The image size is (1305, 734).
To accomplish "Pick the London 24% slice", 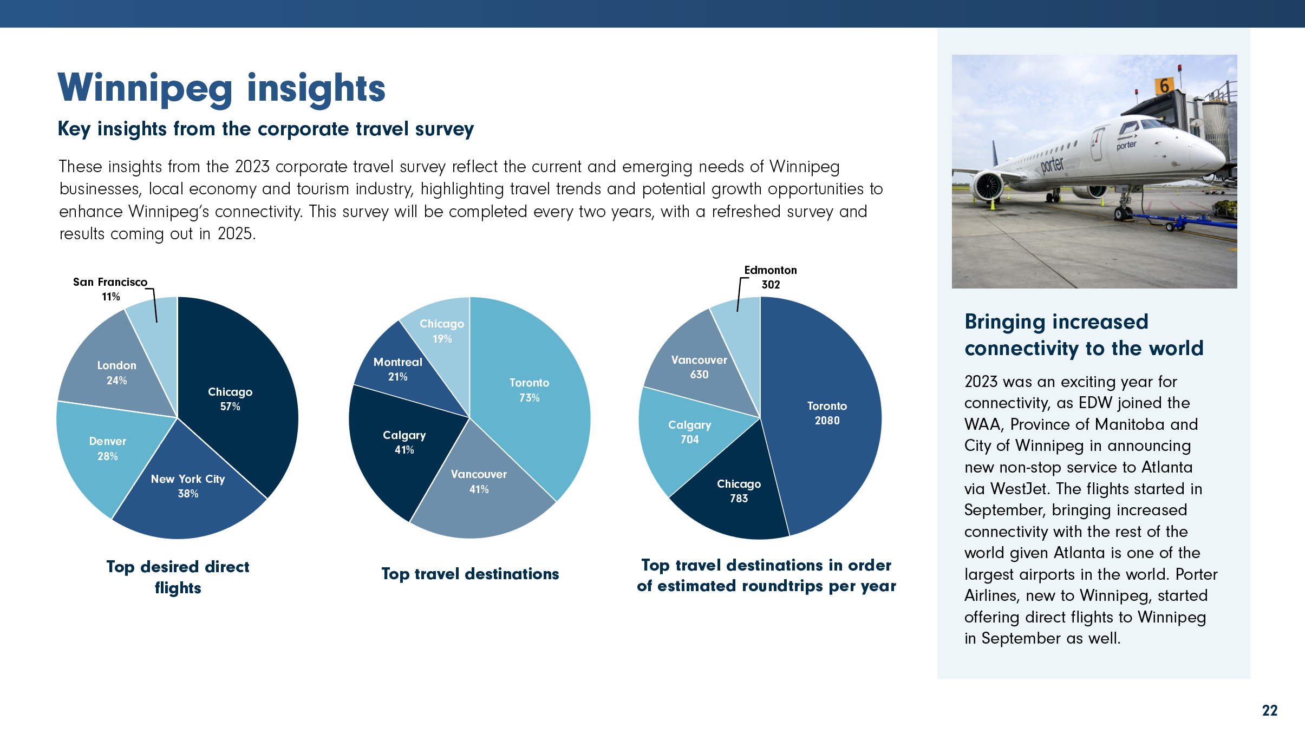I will tap(116, 373).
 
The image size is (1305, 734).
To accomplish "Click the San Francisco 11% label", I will tap(110, 289).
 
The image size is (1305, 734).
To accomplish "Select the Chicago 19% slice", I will tap(442, 331).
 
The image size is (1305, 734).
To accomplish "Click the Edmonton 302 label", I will tap(770, 277).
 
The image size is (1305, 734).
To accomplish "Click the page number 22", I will tap(1269, 710).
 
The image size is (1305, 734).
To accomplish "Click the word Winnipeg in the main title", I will tap(145, 89).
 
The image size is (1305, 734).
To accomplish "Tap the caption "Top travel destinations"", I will tap(470, 574).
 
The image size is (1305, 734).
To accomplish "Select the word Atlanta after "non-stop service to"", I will tap(1166, 467).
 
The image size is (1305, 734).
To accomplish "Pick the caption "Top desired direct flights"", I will tap(178, 577).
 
